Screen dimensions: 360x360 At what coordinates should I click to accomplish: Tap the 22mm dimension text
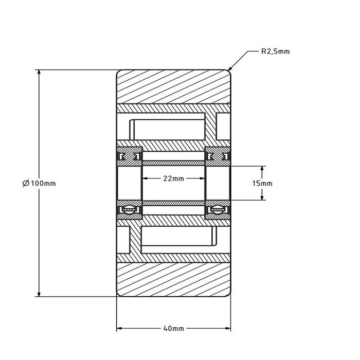pyautogui.click(x=173, y=178)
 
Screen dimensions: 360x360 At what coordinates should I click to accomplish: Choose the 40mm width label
pyautogui.click(x=173, y=328)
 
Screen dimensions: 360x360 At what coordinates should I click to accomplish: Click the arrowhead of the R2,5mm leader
pyautogui.click(x=229, y=69)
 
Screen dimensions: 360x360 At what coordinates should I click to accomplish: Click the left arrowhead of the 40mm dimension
pyautogui.click(x=120, y=328)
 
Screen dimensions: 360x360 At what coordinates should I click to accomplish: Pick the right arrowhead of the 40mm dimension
pyautogui.click(x=228, y=328)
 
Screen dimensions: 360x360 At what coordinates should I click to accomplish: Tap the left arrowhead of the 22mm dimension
pyautogui.click(x=145, y=178)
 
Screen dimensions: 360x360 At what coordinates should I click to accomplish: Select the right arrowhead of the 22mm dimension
pyautogui.click(x=203, y=178)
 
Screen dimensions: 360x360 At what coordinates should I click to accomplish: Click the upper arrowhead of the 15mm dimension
pyautogui.click(x=263, y=169)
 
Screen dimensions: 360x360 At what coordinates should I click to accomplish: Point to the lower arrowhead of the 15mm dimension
pyautogui.click(x=263, y=197)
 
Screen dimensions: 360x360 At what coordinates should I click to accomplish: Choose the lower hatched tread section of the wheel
pyautogui.click(x=174, y=280)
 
